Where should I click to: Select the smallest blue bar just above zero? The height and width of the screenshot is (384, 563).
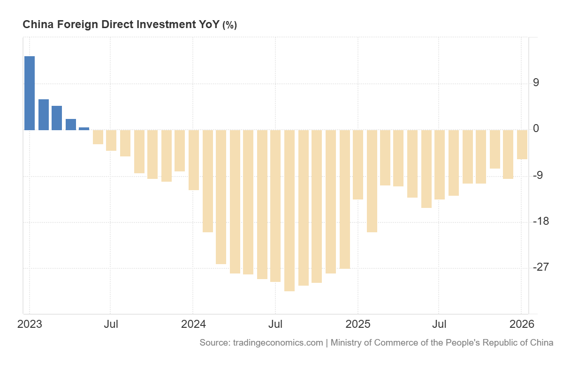point(84,128)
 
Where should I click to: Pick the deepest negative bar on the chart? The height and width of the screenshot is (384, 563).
point(289,210)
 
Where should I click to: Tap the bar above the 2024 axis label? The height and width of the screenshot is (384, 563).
point(194,160)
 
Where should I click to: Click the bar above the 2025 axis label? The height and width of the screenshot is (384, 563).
point(358,164)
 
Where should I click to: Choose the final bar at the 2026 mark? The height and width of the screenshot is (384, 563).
point(522,144)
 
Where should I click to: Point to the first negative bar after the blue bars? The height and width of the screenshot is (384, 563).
point(98,137)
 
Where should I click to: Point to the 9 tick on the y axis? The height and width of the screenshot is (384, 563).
point(536,83)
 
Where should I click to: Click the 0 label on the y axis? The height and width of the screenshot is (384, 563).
point(536,129)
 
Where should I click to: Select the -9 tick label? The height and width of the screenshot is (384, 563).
point(538,176)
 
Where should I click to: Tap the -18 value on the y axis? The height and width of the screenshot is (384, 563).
point(540,222)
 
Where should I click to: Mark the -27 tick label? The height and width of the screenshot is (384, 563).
point(540,267)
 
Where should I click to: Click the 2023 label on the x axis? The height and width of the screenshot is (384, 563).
point(30,324)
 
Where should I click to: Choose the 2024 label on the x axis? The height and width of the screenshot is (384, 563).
point(193,324)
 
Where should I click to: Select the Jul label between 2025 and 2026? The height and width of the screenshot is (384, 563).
point(439,324)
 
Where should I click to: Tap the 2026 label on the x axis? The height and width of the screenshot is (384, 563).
point(522,324)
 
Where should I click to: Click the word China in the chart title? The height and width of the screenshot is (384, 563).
point(38,24)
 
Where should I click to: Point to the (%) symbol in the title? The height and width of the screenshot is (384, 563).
point(229,25)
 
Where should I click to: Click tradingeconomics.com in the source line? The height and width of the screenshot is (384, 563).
point(278,342)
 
